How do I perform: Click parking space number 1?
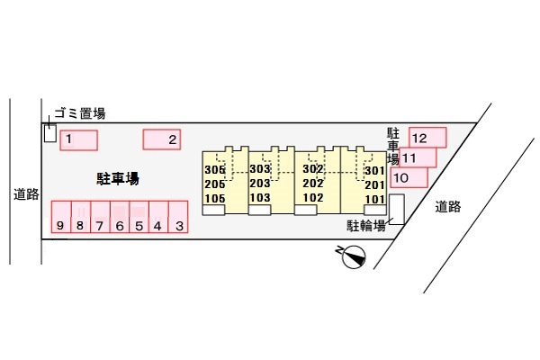click(77, 140)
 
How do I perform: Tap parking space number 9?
click(59, 217)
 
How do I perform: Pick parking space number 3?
click(179, 217)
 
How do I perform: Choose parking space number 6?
click(119, 217)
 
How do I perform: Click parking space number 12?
click(427, 137)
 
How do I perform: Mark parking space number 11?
click(417, 157)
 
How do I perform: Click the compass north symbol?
click(354, 258)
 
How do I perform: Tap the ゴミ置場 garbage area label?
click(80, 113)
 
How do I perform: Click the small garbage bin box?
click(49, 133)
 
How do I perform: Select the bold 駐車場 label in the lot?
click(118, 178)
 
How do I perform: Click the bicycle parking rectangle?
click(397, 209)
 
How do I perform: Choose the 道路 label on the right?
click(447, 207)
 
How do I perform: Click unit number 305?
click(214, 169)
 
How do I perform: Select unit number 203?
click(260, 184)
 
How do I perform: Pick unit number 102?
click(312, 198)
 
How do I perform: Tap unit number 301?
click(374, 170)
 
